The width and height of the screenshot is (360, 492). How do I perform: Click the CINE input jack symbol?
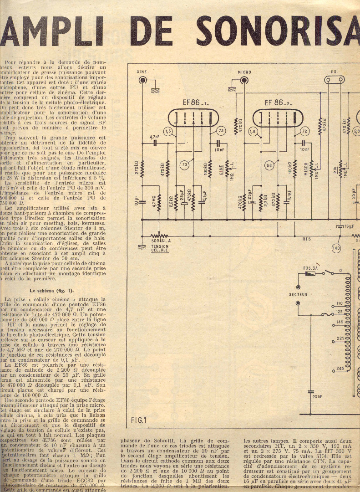click(143, 81)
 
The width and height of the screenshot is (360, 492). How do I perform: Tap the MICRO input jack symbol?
click(244, 81)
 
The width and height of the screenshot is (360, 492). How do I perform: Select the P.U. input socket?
click(335, 80)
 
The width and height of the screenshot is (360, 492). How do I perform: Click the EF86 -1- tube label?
click(195, 103)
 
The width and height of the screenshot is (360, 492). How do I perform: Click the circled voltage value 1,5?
click(169, 132)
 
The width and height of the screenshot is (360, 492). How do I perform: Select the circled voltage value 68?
click(269, 165)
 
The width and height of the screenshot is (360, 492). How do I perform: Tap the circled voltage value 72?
click(304, 132)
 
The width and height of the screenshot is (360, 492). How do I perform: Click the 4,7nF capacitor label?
click(154, 137)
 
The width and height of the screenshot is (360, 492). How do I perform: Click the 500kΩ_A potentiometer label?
click(161, 241)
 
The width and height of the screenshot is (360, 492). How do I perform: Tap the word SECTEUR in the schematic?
click(298, 295)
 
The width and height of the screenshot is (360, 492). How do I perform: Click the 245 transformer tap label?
click(339, 368)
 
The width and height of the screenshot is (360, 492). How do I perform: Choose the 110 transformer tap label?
click(339, 303)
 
